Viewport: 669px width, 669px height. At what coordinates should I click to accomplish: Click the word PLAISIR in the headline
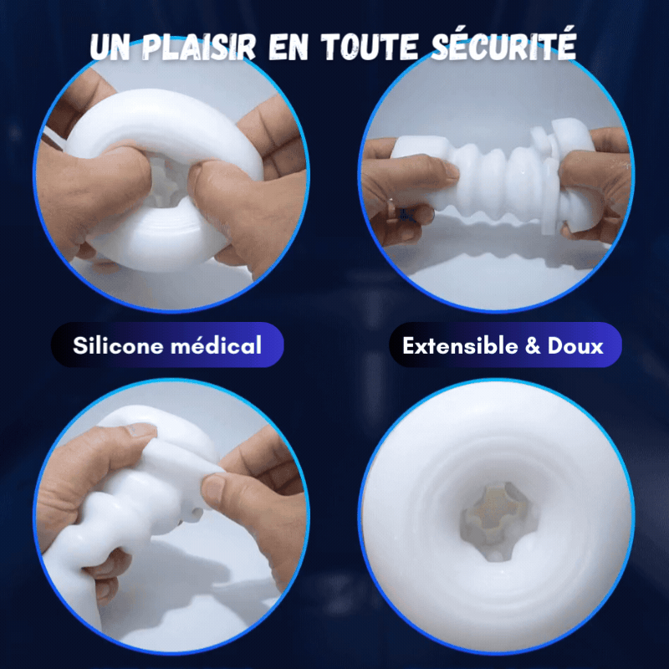click(198, 46)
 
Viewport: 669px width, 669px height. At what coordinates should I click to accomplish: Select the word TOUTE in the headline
click(370, 46)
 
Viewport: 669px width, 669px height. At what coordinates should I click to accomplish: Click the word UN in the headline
click(110, 47)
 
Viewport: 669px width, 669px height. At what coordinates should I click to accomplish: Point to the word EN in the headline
click(288, 47)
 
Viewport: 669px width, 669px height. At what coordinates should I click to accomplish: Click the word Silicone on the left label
click(118, 345)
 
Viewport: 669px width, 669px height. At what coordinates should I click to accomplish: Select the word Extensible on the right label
click(461, 345)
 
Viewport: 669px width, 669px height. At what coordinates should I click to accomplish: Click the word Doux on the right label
click(575, 345)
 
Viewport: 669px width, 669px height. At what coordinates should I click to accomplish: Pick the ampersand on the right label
click(533, 345)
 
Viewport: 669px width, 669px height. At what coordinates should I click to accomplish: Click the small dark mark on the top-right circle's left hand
click(406, 215)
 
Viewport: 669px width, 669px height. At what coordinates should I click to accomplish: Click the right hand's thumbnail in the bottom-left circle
click(214, 488)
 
